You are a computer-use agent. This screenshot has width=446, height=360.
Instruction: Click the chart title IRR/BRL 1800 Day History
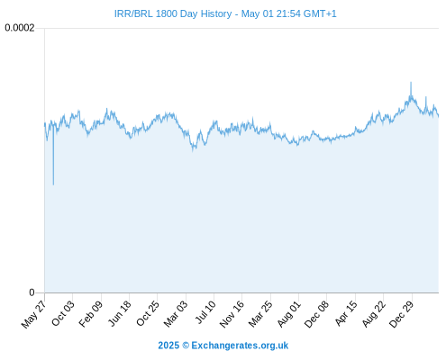tap(173, 13)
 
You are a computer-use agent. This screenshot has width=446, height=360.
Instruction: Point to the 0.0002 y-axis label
tap(20, 28)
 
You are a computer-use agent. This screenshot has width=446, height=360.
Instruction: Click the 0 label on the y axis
tap(32, 292)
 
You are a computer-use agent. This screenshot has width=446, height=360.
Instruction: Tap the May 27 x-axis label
tap(33, 314)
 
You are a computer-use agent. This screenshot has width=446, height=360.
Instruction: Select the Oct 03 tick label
tap(63, 313)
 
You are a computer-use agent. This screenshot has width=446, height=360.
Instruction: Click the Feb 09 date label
tap(91, 314)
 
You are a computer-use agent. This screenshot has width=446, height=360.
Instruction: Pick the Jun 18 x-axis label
tap(120, 313)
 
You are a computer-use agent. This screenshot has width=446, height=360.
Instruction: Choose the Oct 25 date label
tap(148, 313)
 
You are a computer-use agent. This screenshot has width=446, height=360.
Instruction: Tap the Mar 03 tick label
tap(176, 314)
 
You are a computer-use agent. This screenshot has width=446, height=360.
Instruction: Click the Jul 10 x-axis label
tap(205, 312)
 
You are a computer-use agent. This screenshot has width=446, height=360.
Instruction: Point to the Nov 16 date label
tap(232, 314)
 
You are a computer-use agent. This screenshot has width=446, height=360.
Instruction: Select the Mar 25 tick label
tap(260, 314)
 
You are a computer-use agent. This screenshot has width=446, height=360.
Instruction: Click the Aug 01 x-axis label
tap(289, 314)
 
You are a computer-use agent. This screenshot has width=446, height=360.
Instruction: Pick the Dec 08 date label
tap(316, 314)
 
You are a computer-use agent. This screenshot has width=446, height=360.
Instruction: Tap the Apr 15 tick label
tap(346, 313)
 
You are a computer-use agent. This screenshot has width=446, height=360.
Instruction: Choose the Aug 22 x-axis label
tap(374, 314)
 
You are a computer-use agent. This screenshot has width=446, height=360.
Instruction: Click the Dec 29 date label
tap(402, 314)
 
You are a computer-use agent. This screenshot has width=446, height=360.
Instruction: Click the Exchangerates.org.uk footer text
tap(240, 346)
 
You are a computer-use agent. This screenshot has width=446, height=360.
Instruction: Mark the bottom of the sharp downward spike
tap(53, 184)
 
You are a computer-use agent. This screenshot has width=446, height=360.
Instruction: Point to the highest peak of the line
tap(411, 82)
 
